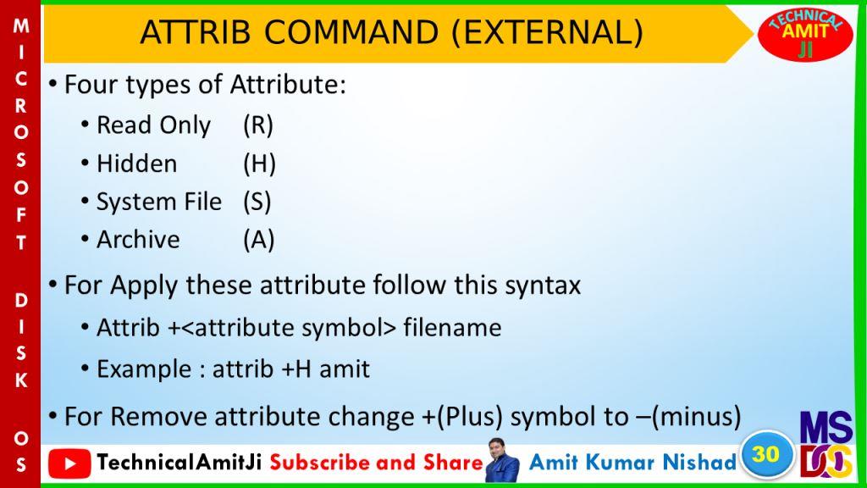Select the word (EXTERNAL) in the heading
click(548, 33)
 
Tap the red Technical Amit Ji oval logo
click(805, 34)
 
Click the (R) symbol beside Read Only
click(258, 125)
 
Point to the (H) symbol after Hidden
click(259, 164)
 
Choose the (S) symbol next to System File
click(257, 202)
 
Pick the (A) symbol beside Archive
click(259, 240)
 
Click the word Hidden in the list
click(136, 164)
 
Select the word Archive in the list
click(138, 240)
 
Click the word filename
click(452, 328)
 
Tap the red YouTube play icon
click(69, 463)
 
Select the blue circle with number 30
click(765, 455)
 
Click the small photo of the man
click(503, 460)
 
